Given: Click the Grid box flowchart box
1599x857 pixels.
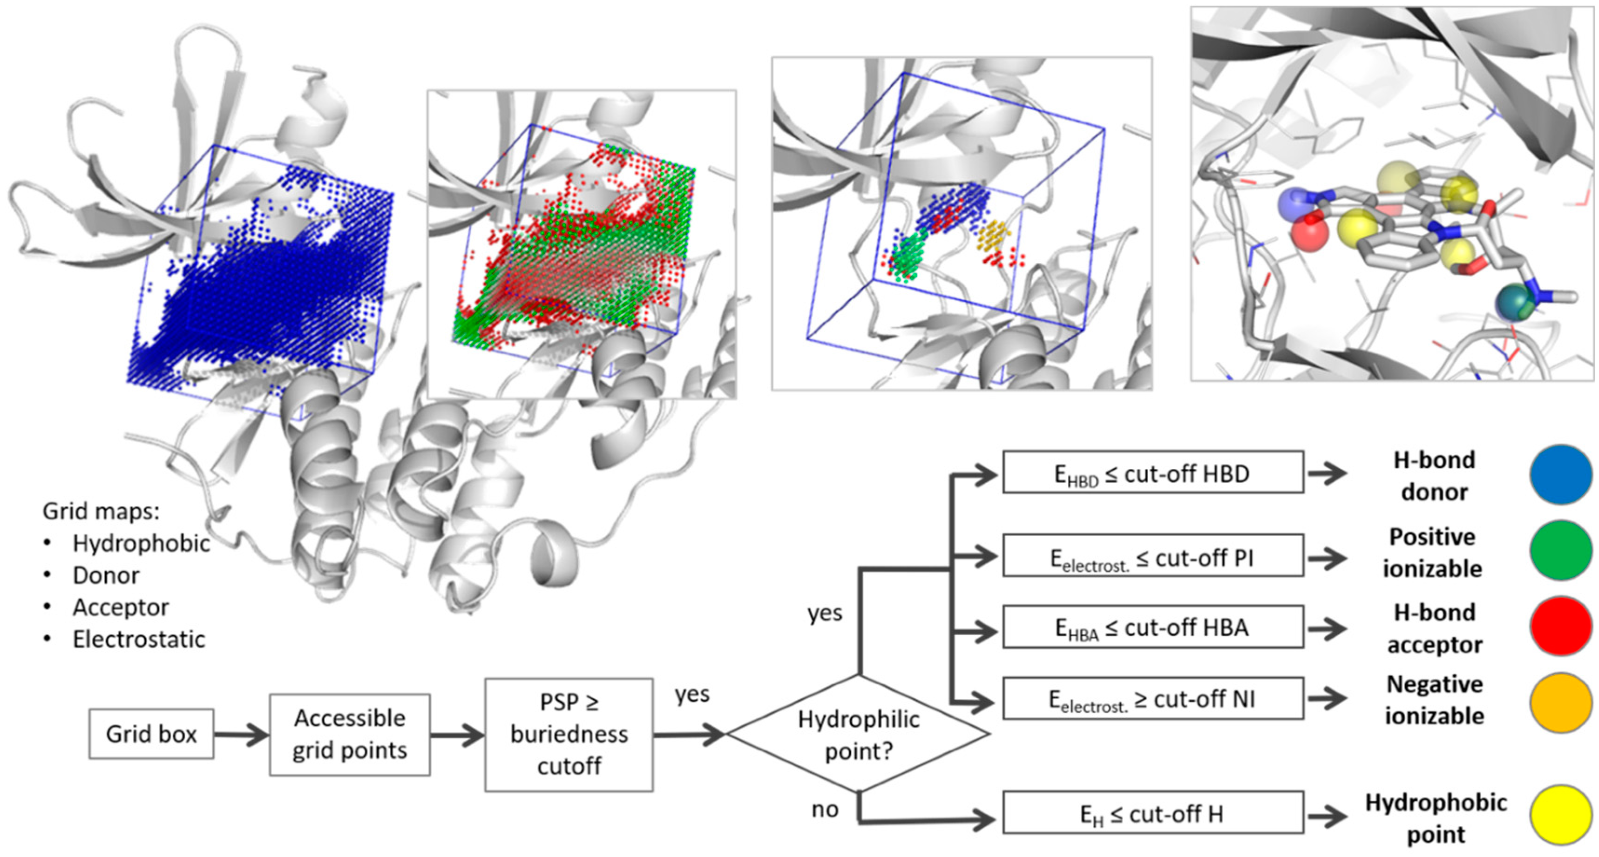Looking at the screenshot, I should pyautogui.click(x=151, y=734).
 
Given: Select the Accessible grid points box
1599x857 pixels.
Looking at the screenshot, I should pyautogui.click(x=350, y=734).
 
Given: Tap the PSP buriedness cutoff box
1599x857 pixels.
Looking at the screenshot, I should pyautogui.click(x=569, y=734).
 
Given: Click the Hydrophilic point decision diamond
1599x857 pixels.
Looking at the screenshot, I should pyautogui.click(x=859, y=734).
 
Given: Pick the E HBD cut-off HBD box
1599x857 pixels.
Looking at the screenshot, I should pyautogui.click(x=1153, y=473).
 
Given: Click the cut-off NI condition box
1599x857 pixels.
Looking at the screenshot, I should pyautogui.click(x=1153, y=699).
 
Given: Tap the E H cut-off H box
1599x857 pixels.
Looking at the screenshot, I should pyautogui.click(x=1153, y=812).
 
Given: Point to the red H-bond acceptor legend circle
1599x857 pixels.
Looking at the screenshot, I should pyautogui.click(x=1560, y=626).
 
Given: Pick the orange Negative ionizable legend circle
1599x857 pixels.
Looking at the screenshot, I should pyautogui.click(x=1560, y=702).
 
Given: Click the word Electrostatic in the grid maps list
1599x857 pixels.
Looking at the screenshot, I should pyautogui.click(x=138, y=639).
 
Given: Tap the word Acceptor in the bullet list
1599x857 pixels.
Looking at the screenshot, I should pyautogui.click(x=121, y=607).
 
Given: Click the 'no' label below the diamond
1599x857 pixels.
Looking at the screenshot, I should pyautogui.click(x=825, y=809).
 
